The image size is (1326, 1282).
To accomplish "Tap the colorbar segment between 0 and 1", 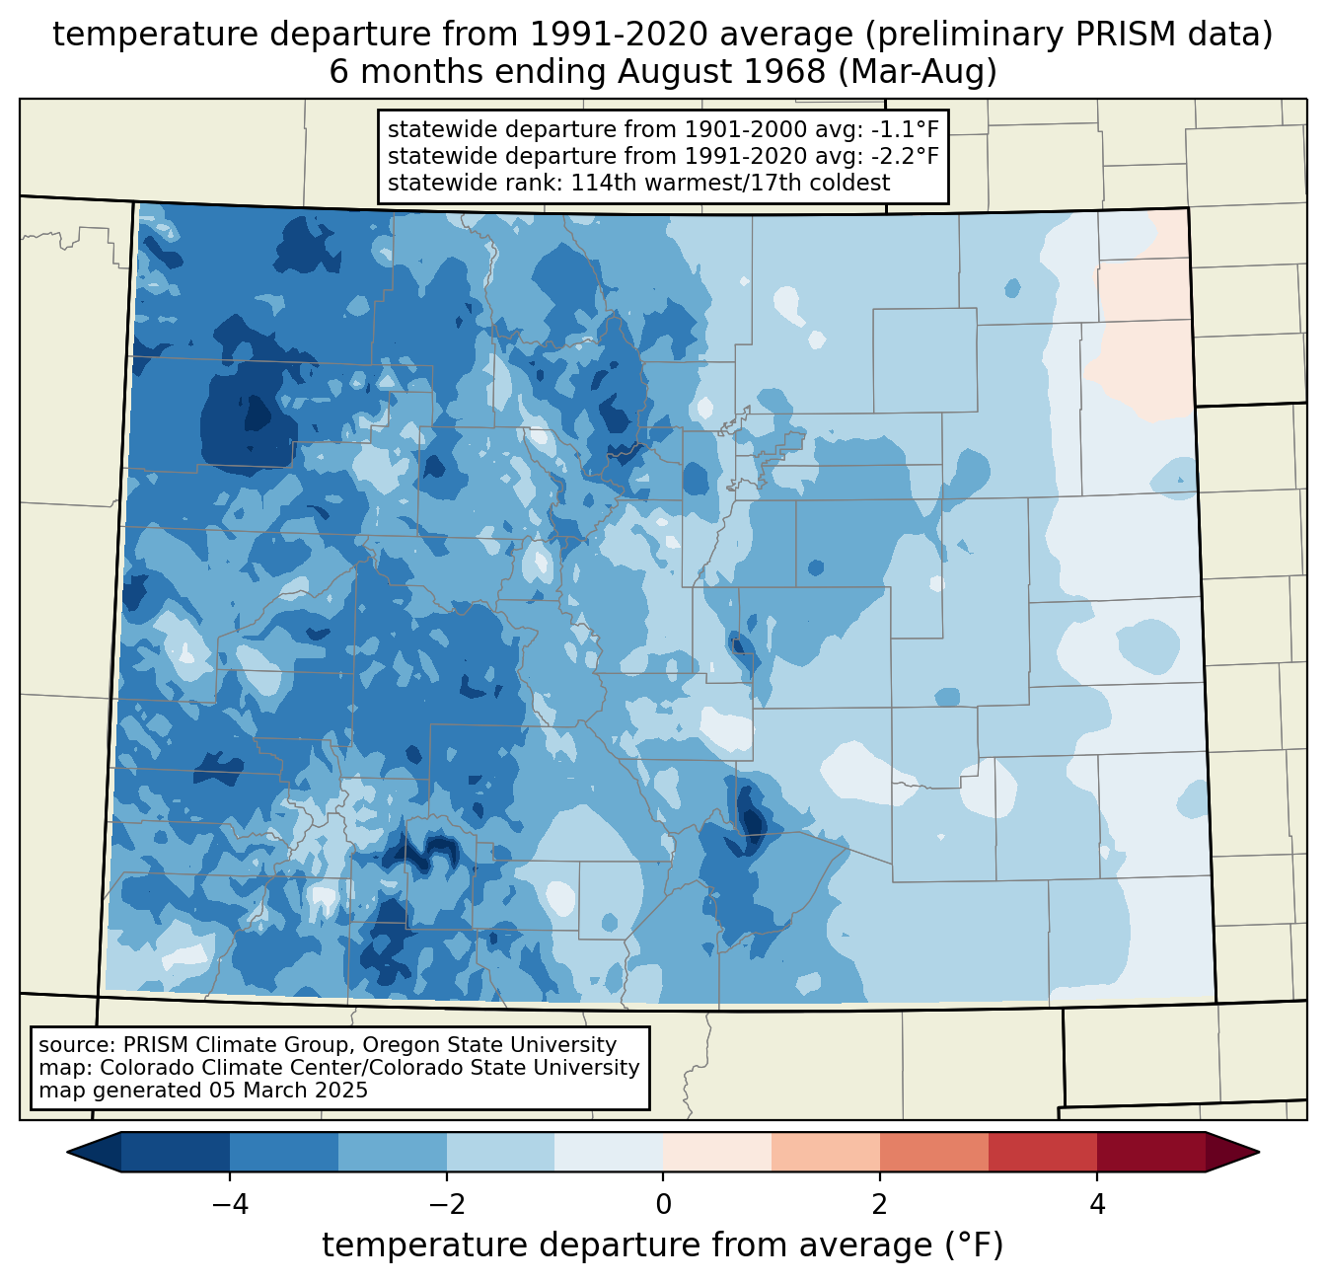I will [x=717, y=1152].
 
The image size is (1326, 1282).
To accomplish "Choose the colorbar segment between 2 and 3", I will [x=934, y=1152].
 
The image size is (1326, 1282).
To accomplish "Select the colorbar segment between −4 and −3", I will [x=284, y=1152].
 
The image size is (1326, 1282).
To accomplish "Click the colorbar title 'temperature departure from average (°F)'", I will [x=663, y=1245].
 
